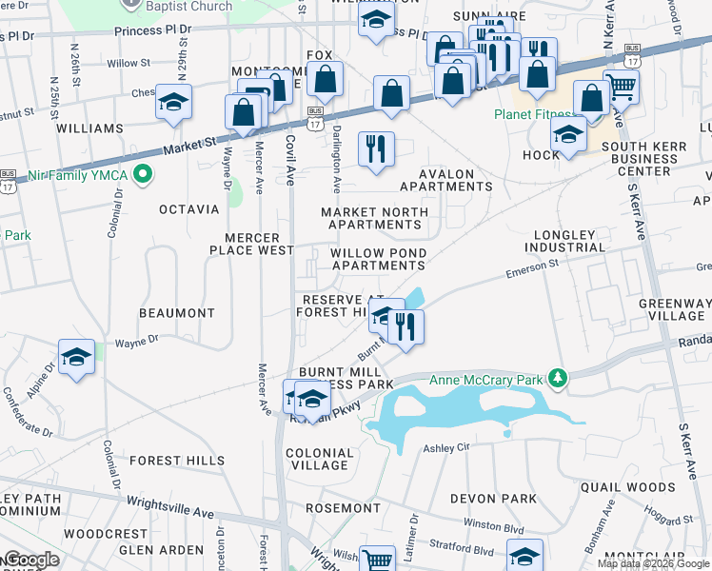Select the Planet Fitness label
[x=534, y=114]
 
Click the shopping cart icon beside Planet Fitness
[x=621, y=88]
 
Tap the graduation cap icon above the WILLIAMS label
[x=174, y=102]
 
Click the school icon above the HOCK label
[x=568, y=133]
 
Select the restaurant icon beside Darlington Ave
[x=376, y=148]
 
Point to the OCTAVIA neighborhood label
[x=189, y=208]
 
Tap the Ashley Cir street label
[x=447, y=447]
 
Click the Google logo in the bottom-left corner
[x=30, y=560]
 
